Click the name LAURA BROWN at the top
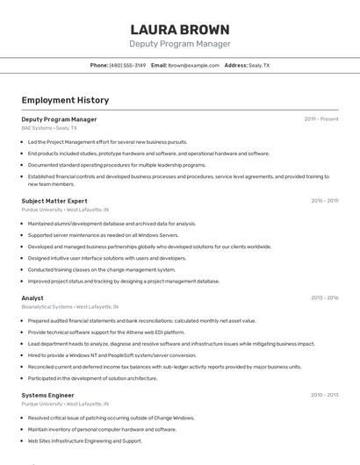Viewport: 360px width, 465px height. click(x=179, y=30)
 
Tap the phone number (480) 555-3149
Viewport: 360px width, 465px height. click(x=127, y=66)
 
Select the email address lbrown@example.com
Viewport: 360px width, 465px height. click(x=194, y=66)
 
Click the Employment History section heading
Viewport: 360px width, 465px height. click(x=65, y=100)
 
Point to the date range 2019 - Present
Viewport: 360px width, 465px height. click(x=320, y=119)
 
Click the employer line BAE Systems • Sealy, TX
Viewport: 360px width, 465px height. click(x=49, y=128)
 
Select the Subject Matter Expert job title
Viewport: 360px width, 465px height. click(x=54, y=201)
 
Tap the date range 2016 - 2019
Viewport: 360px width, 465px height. click(x=324, y=201)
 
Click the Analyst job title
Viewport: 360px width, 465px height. click(x=32, y=298)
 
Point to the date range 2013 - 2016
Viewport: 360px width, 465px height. click(x=324, y=298)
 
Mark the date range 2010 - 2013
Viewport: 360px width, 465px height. click(x=324, y=396)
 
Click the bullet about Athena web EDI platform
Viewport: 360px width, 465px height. click(x=106, y=333)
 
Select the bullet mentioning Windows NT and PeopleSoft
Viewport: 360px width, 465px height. click(x=112, y=355)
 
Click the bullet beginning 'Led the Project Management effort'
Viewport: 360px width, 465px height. click(x=107, y=141)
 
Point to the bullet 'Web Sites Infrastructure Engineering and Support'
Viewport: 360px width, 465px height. click(x=84, y=441)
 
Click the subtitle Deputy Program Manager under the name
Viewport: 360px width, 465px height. click(x=179, y=44)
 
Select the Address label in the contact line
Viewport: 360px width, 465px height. click(x=236, y=66)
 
